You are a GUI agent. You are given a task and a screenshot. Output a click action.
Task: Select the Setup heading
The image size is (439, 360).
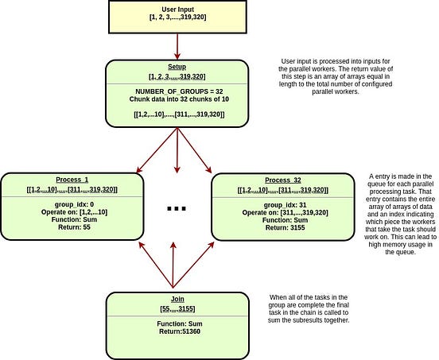[176, 66]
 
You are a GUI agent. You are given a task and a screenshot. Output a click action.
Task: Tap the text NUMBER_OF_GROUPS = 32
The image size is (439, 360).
[176, 91]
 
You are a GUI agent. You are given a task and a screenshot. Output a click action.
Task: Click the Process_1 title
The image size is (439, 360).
[73, 180]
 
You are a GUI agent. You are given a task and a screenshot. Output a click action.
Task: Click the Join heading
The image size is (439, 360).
[176, 299]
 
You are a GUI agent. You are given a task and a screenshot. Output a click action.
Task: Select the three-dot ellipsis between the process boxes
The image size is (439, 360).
[177, 209]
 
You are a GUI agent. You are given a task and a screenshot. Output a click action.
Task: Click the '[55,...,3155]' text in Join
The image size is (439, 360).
[176, 308]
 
